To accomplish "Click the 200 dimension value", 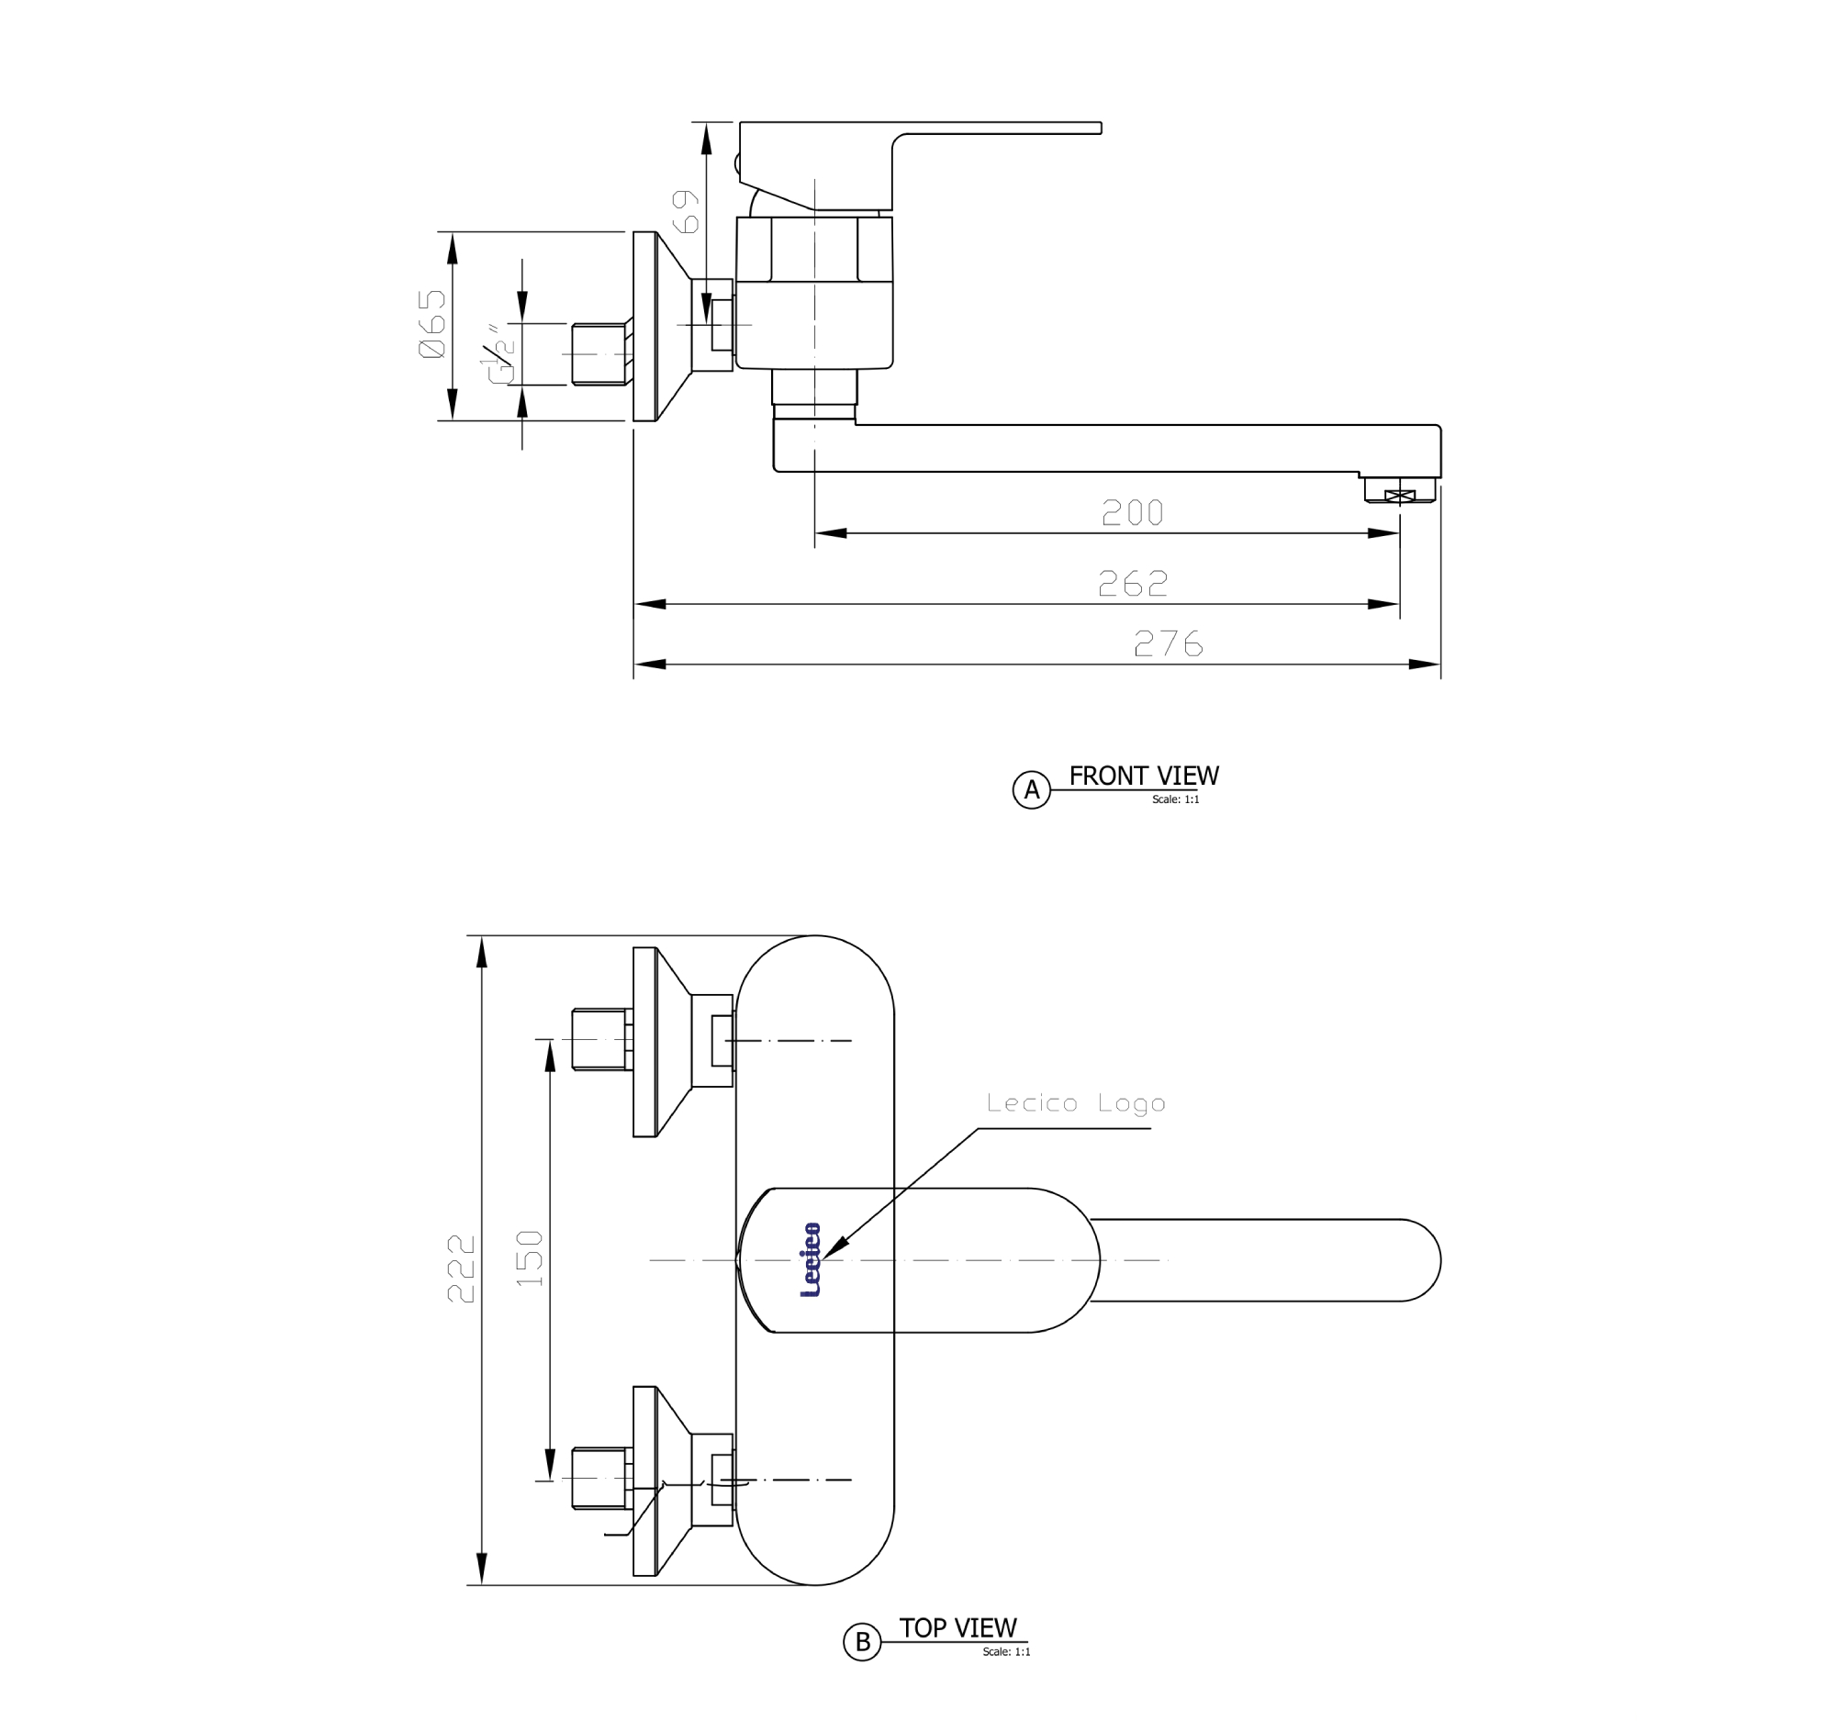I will point(1132,512).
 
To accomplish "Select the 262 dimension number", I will point(1132,584).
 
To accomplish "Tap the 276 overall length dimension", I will point(1169,643).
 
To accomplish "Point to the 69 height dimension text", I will point(685,211).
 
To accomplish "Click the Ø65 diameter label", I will point(432,324).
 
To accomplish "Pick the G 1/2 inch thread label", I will point(498,354).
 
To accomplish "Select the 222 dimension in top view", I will point(461,1268).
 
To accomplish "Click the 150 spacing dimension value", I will point(529,1258).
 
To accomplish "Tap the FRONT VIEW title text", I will point(1143,776).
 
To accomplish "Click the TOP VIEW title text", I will point(957,1627).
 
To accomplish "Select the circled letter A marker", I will point(1032,789).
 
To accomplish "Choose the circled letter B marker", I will point(862,1641).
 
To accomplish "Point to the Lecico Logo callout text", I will point(1076,1103).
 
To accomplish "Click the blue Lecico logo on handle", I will point(810,1260).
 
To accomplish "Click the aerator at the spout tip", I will point(1400,493).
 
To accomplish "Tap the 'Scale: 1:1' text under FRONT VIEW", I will point(1175,799).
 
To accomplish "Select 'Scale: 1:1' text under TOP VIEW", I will point(1006,1652).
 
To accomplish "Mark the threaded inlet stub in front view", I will point(599,353).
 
